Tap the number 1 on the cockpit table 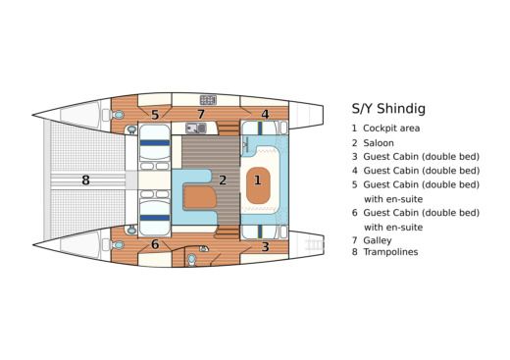258,180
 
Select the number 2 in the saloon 223,180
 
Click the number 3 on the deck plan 265,246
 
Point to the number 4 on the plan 265,114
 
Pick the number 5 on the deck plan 155,114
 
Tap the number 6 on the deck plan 155,244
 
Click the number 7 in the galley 201,115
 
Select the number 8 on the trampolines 86,180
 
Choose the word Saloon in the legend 379,142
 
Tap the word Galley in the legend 378,239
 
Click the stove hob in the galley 208,99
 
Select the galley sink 193,128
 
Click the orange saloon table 199,195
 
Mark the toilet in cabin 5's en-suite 120,115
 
